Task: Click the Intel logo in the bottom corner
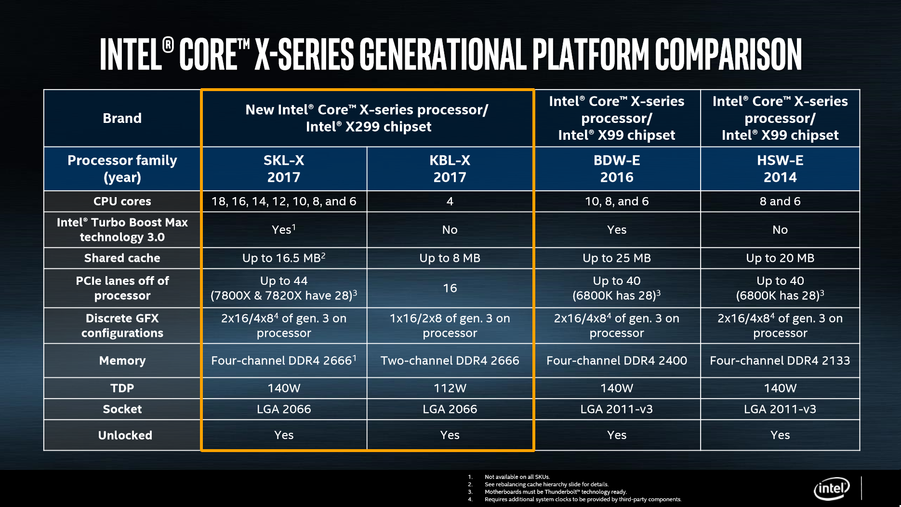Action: pyautogui.click(x=832, y=489)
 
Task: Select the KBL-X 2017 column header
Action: pyautogui.click(x=450, y=169)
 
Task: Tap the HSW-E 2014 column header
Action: pyautogui.click(x=780, y=169)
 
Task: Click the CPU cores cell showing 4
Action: pyautogui.click(x=450, y=201)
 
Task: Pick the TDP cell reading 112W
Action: pyautogui.click(x=450, y=388)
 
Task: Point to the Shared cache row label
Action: pyautogui.click(x=122, y=258)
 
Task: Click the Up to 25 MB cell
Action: pyautogui.click(x=617, y=258)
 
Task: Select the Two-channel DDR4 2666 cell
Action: pyautogui.click(x=450, y=360)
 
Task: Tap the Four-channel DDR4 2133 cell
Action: pyautogui.click(x=780, y=360)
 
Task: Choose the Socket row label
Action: pyautogui.click(x=122, y=409)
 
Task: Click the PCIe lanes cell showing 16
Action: pyautogui.click(x=450, y=288)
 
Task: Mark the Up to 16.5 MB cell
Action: pyautogui.click(x=284, y=258)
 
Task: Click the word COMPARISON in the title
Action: pyautogui.click(x=728, y=54)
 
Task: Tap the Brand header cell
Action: pyautogui.click(x=122, y=119)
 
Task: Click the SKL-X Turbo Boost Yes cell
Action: pyautogui.click(x=284, y=229)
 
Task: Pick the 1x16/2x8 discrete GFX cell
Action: pyautogui.click(x=450, y=326)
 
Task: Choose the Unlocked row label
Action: pyautogui.click(x=125, y=435)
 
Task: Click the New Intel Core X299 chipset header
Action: pyautogui.click(x=367, y=118)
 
